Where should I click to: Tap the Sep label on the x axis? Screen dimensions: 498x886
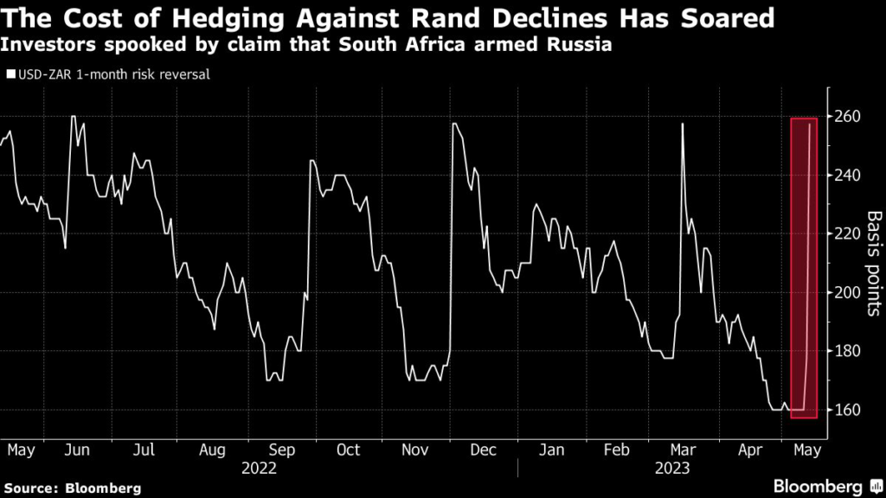281,450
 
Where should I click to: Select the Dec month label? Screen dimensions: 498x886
485,450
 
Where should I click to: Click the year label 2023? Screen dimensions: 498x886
671,468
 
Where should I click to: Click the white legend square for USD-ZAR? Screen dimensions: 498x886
10,74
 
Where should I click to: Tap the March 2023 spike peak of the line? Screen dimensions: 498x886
683,124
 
